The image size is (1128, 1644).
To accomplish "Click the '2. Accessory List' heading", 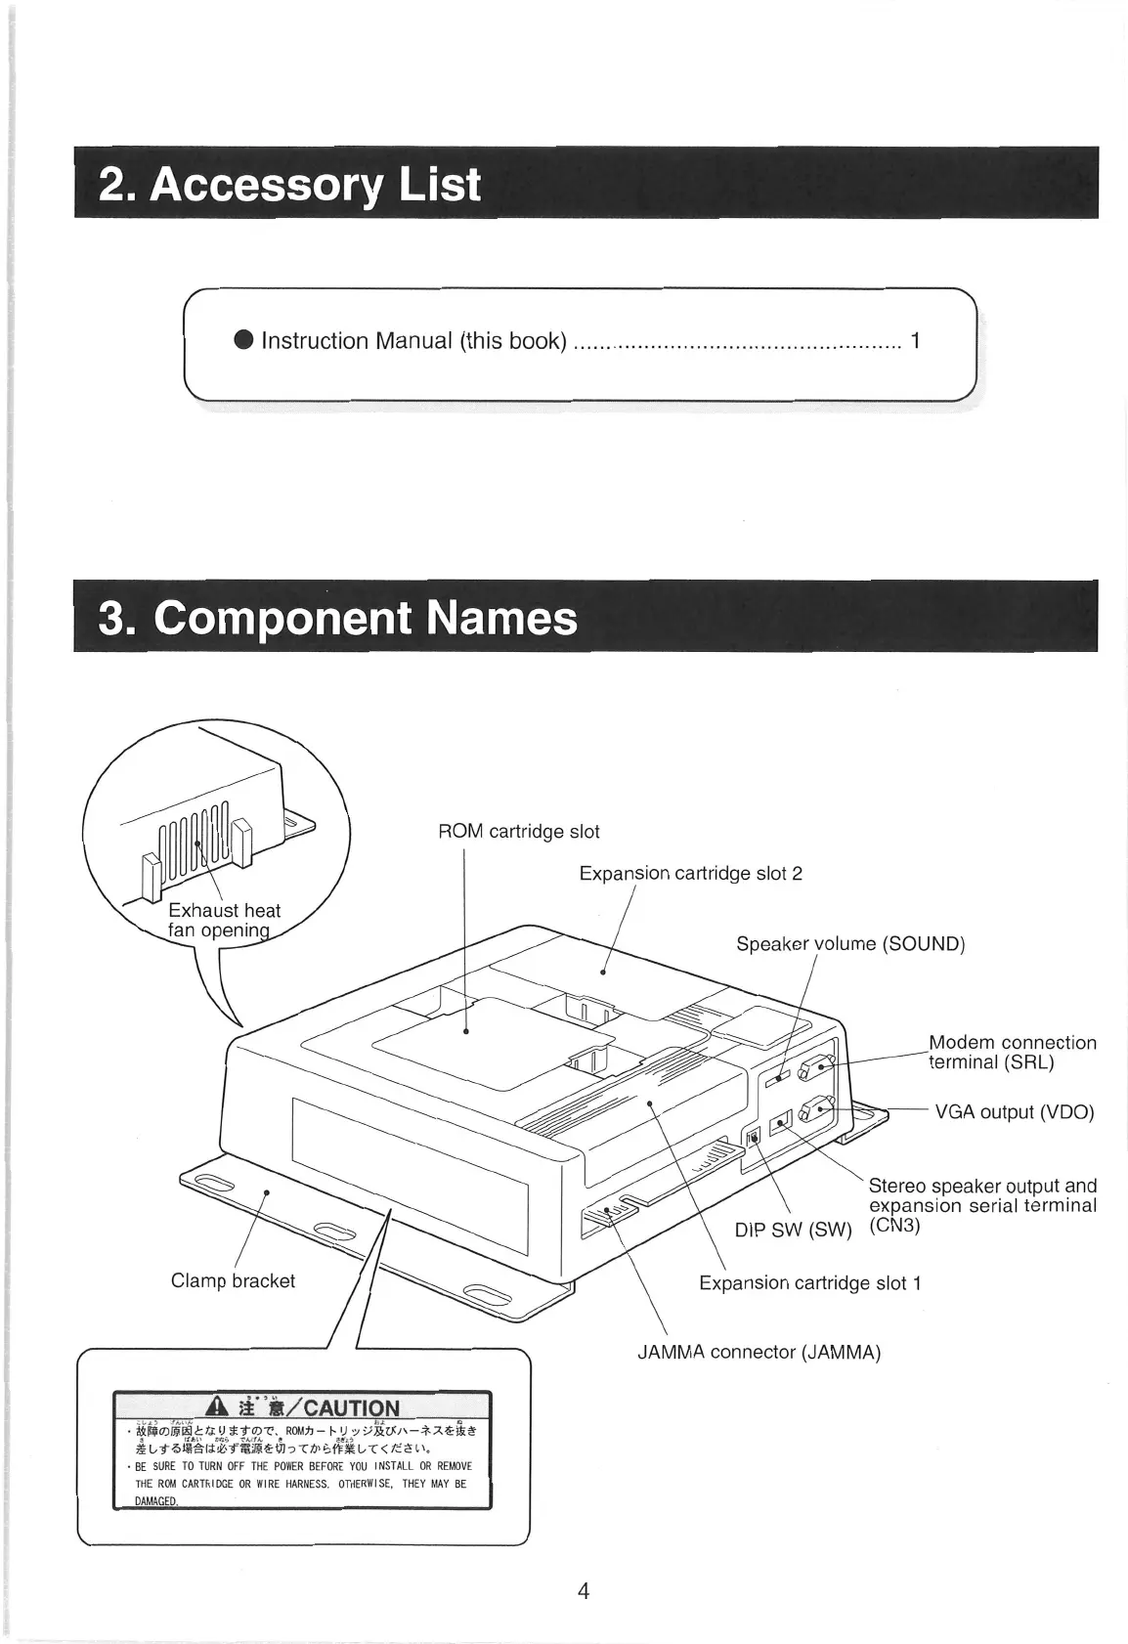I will (x=289, y=184).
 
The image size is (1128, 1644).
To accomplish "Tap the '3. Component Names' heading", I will (x=337, y=618).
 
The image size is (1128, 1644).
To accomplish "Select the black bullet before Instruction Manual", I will (x=244, y=340).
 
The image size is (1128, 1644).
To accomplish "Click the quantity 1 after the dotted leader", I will (x=915, y=340).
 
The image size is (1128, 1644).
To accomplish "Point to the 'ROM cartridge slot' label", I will (x=518, y=832).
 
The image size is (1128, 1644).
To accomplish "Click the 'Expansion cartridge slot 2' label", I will (x=690, y=873).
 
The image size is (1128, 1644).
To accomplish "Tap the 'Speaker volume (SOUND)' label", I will (x=850, y=944).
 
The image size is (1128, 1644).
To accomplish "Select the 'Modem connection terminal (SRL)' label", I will (x=1012, y=1053).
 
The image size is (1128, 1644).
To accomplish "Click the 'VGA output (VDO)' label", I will (x=1014, y=1112).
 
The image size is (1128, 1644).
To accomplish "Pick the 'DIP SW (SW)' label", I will (x=794, y=1230).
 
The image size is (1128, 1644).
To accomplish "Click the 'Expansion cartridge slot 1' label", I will (x=809, y=1282).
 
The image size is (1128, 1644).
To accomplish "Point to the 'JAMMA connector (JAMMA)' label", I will (x=759, y=1353).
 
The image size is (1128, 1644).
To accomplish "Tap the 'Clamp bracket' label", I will (x=233, y=1280).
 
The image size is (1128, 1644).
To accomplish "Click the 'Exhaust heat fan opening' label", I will (x=225, y=921).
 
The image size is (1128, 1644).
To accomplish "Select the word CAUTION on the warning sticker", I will (x=351, y=1408).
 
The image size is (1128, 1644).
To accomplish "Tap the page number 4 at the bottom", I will (x=584, y=1591).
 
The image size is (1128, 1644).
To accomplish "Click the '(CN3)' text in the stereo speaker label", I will (x=894, y=1225).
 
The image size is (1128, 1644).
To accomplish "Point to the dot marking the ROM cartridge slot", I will (x=466, y=1030).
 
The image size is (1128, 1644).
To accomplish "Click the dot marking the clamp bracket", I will (x=267, y=1192).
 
